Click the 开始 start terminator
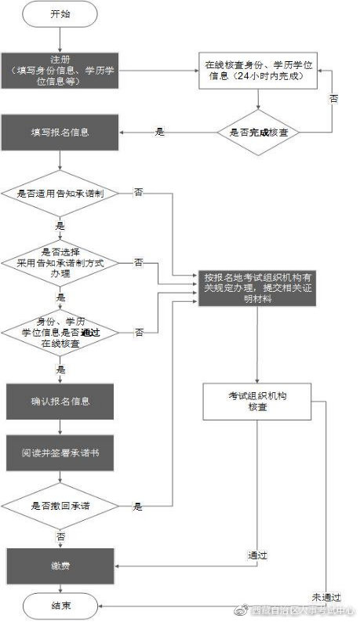(60, 15)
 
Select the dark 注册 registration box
(60, 71)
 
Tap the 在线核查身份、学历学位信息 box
(260, 71)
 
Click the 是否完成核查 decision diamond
(259, 133)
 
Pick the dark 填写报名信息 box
(60, 133)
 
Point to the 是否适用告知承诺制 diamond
(60, 192)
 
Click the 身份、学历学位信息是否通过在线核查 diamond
(60, 333)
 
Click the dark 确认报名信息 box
(60, 402)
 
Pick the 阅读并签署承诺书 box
(60, 454)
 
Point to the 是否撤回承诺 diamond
(60, 506)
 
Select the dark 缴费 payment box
(60, 565)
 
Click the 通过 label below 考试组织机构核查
(258, 555)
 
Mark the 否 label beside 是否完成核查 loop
(333, 100)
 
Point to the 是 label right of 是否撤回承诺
(138, 506)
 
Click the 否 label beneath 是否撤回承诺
(60, 537)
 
